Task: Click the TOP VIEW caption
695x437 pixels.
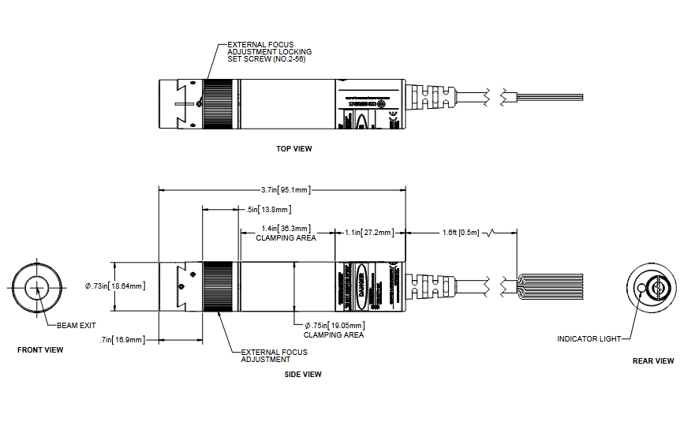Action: pos(293,148)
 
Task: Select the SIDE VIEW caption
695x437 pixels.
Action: pos(303,375)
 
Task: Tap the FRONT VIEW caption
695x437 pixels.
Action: pos(40,349)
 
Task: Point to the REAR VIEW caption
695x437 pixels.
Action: pos(653,360)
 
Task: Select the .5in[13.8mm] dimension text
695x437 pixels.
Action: pos(267,209)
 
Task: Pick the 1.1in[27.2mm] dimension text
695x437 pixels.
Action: pos(369,233)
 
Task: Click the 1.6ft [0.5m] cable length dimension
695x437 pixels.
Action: pos(461,233)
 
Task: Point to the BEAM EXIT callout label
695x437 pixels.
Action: pos(77,325)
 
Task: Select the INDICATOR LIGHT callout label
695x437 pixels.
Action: pos(587,339)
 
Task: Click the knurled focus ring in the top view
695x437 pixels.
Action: pos(219,103)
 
